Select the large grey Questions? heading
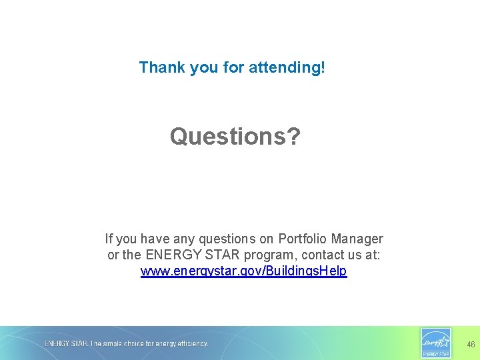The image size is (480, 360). pyautogui.click(x=235, y=137)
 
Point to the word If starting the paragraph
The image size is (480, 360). pyautogui.click(x=109, y=239)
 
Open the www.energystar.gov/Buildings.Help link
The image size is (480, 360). pyautogui.click(x=243, y=272)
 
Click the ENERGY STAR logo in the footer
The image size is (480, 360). pyautogui.click(x=436, y=343)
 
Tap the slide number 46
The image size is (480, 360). pyautogui.click(x=471, y=345)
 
